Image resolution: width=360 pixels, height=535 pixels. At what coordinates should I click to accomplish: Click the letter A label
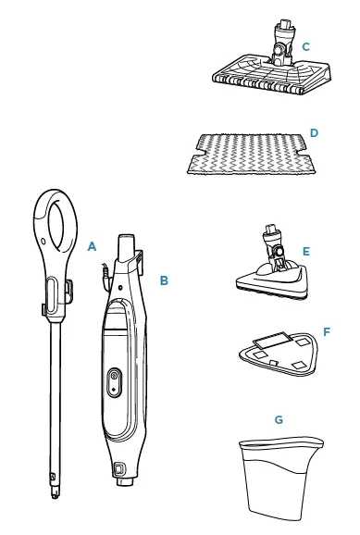point(91,247)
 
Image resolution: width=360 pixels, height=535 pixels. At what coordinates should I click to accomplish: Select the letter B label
point(164,279)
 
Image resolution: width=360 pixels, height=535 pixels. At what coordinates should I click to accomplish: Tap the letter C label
point(305,46)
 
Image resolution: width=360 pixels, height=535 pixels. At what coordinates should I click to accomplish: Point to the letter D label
point(314,133)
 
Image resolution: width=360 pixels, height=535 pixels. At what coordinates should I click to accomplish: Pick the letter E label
point(305,251)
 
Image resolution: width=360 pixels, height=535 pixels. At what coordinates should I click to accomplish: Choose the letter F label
point(326,330)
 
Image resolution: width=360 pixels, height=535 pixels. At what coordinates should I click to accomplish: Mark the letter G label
point(279,419)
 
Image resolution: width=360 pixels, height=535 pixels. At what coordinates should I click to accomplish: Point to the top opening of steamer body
point(127,243)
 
